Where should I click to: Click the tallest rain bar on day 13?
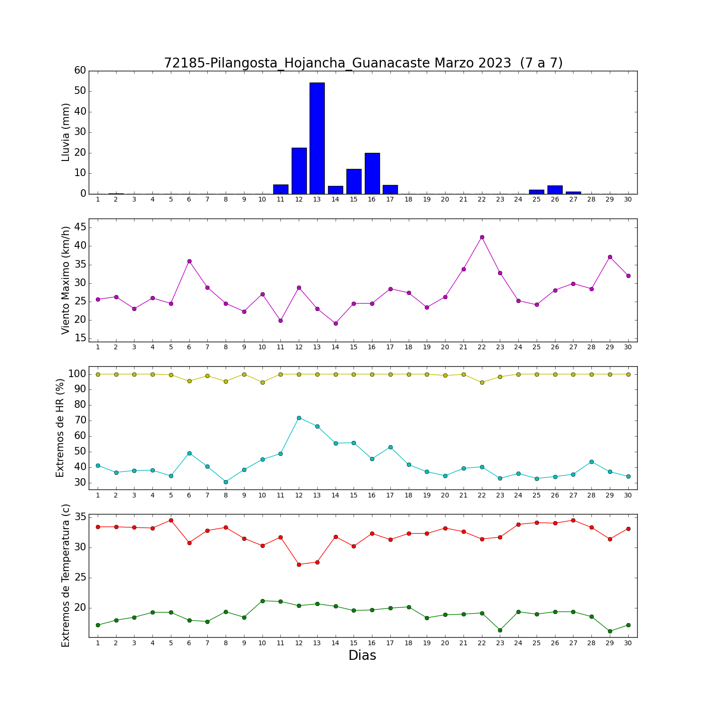[x=317, y=138]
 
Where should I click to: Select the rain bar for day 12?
[x=299, y=171]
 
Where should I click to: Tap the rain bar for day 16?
[x=372, y=173]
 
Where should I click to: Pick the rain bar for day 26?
[x=555, y=190]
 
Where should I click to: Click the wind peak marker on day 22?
[x=482, y=237]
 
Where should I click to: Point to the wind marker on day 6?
[x=189, y=261]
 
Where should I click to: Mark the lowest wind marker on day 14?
[x=336, y=323]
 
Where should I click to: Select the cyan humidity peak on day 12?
[x=299, y=418]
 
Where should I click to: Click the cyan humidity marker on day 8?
[x=226, y=482]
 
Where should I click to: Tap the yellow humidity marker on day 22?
[x=482, y=382]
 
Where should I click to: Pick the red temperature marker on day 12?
[x=299, y=565]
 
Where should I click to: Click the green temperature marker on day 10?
[x=262, y=601]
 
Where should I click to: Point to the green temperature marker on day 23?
[x=500, y=630]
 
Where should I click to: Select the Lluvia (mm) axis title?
[x=66, y=132]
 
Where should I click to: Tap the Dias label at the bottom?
[x=362, y=656]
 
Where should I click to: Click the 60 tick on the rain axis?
[x=80, y=70]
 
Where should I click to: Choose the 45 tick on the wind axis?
[x=80, y=228]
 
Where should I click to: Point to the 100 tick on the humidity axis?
[x=77, y=374]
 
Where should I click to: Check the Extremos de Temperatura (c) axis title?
[x=66, y=576]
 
